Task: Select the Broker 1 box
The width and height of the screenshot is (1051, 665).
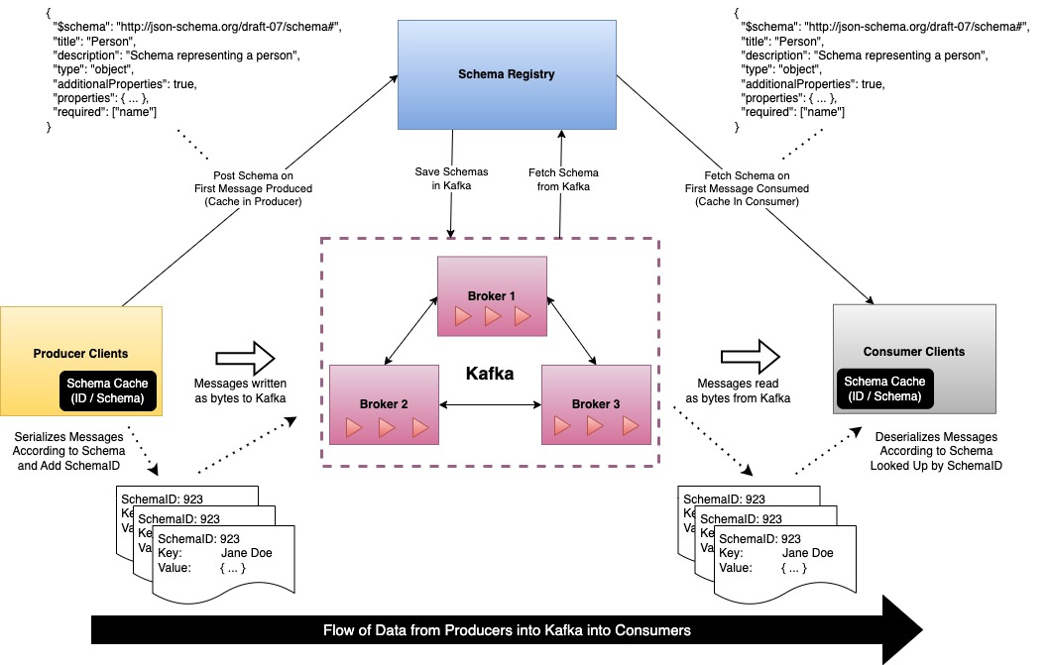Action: click(493, 294)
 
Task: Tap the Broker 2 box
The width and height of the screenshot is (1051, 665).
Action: click(384, 403)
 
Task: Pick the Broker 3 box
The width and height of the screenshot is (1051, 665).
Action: click(595, 403)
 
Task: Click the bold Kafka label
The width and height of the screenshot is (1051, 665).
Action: click(491, 375)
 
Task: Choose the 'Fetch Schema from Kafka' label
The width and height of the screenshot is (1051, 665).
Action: click(563, 179)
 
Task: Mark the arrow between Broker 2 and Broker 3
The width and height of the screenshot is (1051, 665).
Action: click(490, 403)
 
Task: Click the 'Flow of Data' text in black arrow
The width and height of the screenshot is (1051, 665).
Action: click(507, 629)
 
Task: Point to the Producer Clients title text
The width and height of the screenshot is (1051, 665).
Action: click(80, 353)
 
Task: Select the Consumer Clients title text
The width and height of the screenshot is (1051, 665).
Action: click(914, 351)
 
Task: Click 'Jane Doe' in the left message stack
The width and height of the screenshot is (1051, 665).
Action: click(246, 553)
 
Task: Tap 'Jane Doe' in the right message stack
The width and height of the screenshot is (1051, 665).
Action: click(808, 553)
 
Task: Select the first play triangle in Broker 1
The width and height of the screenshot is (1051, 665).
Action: click(461, 316)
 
